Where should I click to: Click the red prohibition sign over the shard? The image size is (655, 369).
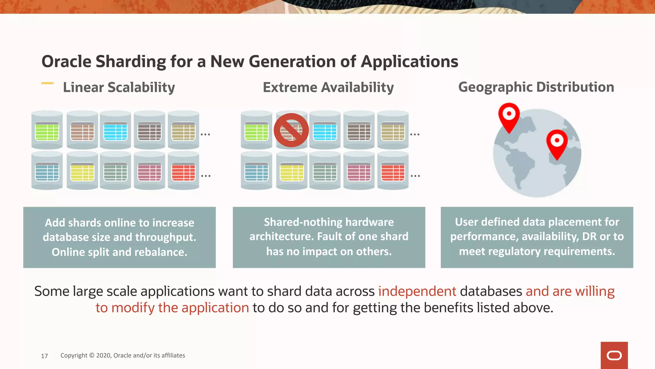291,130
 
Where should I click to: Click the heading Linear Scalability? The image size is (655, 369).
119,87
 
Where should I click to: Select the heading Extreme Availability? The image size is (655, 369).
328,87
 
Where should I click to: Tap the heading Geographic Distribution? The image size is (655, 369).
536,87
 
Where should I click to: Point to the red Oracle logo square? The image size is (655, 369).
614,355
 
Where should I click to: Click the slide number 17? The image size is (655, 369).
44,356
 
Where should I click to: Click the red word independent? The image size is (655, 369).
417,291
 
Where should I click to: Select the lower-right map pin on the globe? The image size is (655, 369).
557,143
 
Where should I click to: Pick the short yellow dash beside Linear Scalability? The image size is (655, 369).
47,83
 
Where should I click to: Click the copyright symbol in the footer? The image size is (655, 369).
92,355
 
